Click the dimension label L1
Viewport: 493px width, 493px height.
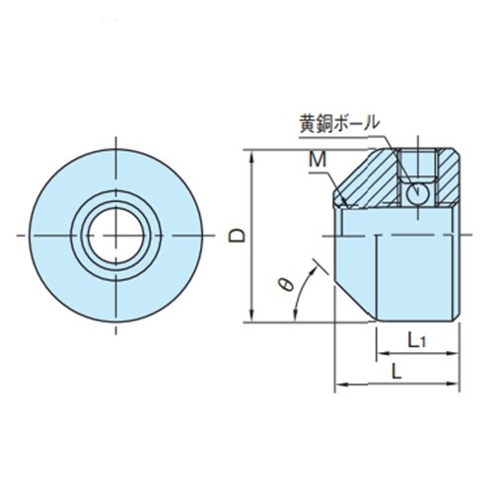(416, 341)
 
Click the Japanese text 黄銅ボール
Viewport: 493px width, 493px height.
(338, 125)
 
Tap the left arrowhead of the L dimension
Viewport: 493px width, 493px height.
(341, 383)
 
